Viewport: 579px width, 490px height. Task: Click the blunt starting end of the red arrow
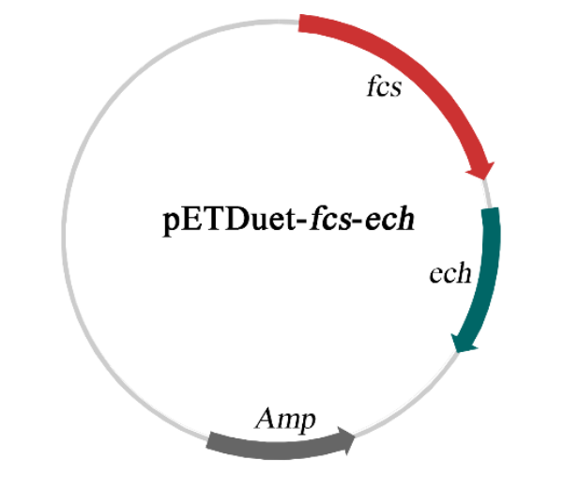301,23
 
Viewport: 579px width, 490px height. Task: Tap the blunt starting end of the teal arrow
492,212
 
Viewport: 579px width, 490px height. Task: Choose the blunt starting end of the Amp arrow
210,438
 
